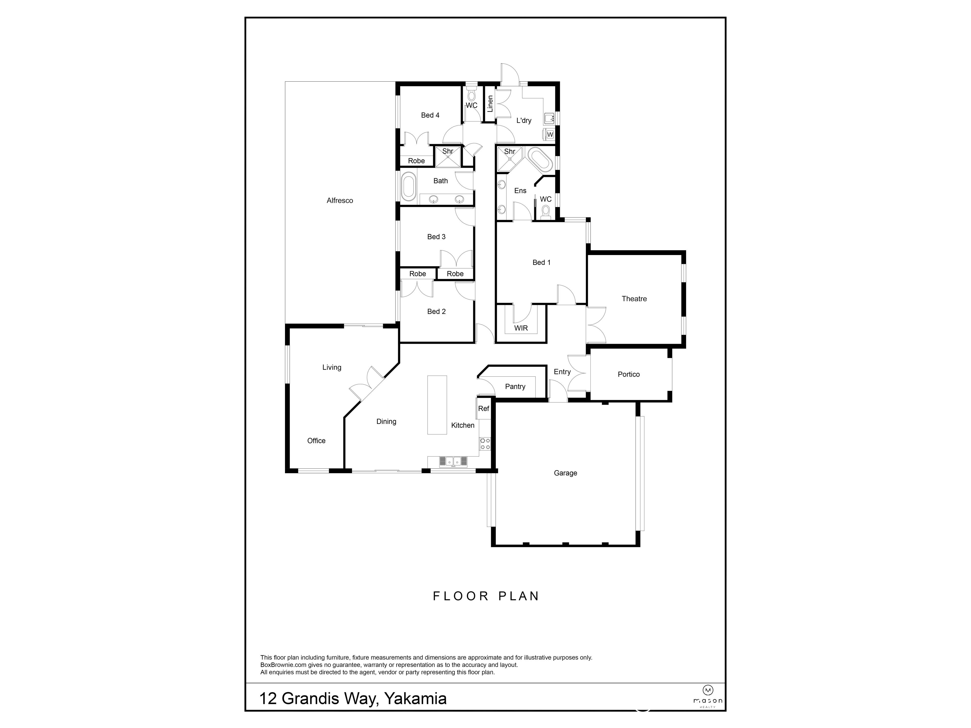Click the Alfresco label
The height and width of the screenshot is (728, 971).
[x=339, y=200]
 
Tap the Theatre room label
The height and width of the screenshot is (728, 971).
[x=634, y=299]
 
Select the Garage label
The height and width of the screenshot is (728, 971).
[x=565, y=473]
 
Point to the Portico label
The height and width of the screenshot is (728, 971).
[x=628, y=374]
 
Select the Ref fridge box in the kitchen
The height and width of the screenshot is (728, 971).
[x=483, y=408]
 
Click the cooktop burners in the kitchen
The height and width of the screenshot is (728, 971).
[x=485, y=444]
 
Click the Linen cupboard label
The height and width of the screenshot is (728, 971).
[x=490, y=104]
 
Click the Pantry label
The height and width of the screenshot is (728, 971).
[x=515, y=386]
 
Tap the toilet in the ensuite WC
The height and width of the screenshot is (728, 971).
[x=546, y=212]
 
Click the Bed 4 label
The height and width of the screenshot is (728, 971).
[x=430, y=116]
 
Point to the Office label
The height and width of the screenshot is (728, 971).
[x=316, y=441]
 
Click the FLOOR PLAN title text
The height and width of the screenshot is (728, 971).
[x=485, y=596]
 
